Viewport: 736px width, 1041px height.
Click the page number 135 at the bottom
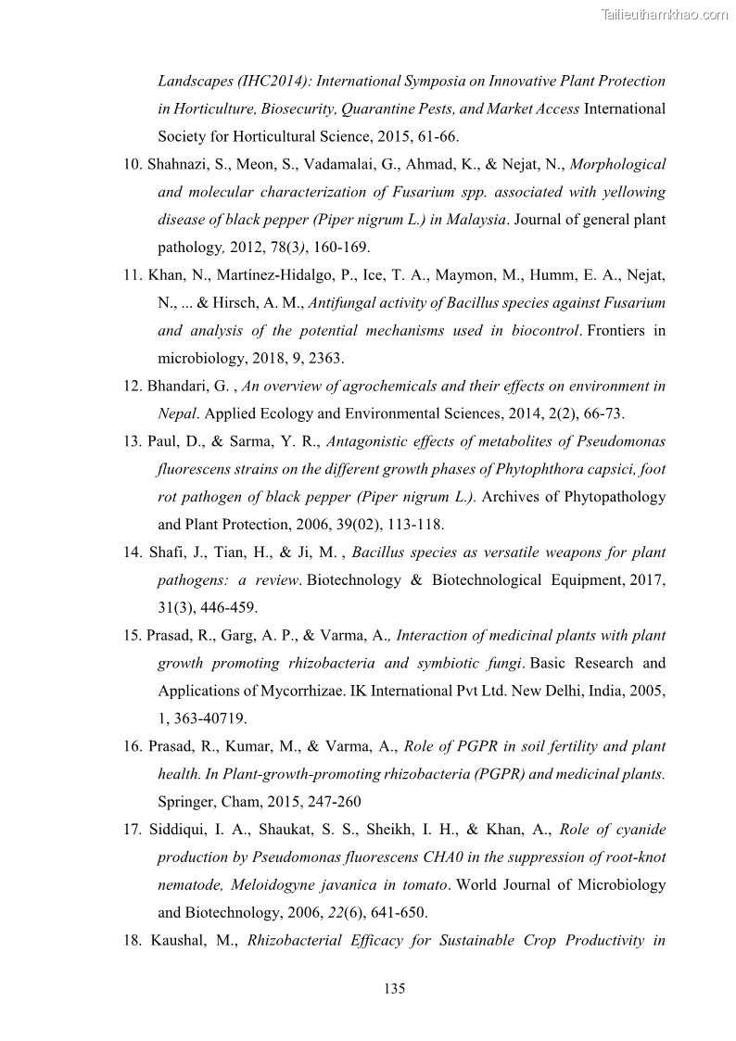click(394, 988)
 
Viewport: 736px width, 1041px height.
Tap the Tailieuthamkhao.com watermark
click(665, 14)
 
